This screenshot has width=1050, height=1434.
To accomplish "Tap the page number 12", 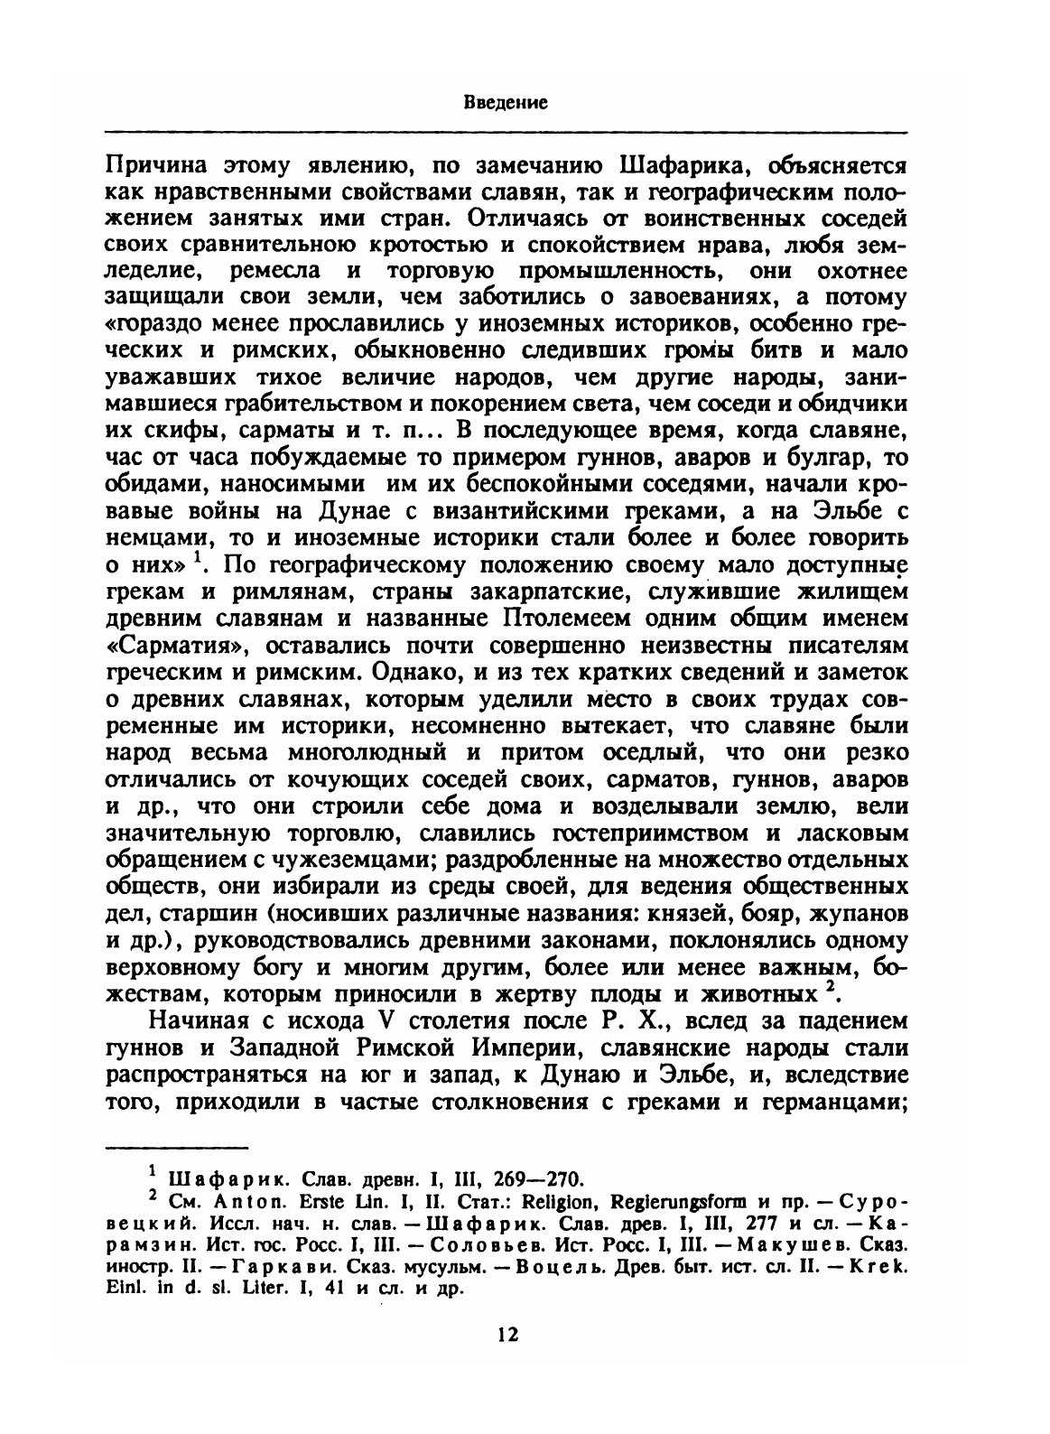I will click(x=507, y=1335).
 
